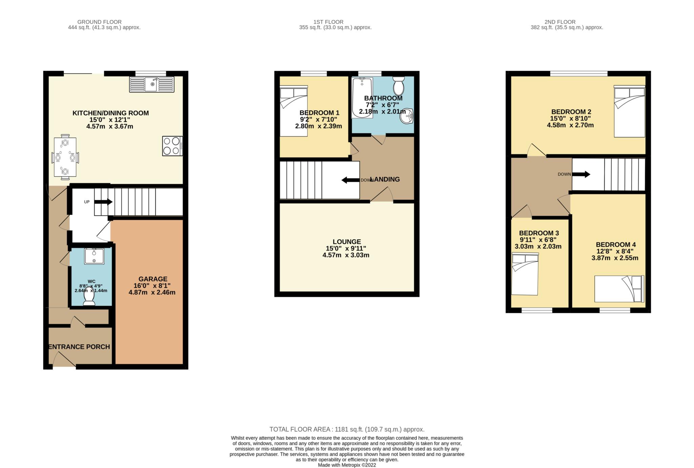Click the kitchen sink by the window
pos(151,84)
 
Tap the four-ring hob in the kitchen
pos(172,146)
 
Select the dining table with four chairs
pos(65,157)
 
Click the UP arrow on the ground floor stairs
pos(103,202)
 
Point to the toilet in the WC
pos(89,296)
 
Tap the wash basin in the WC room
pos(94,256)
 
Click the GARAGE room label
pos(153,279)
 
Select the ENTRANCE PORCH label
pos(79,347)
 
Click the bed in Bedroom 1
pos(294,111)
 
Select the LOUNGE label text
pos(347,242)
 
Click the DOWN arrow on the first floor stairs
pos(350,180)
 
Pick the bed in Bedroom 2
pos(630,111)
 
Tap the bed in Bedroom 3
pos(525,274)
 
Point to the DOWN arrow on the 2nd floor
pos(581,174)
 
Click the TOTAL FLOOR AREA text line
pos(347,429)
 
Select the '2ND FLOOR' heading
pos(560,22)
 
